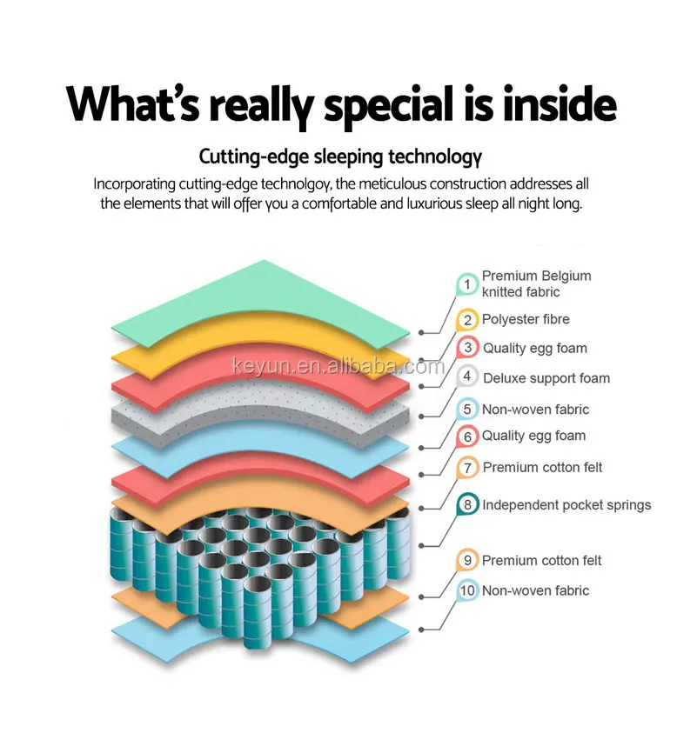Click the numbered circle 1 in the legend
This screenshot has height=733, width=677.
pyautogui.click(x=467, y=283)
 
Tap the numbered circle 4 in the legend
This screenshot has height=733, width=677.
pyautogui.click(x=467, y=376)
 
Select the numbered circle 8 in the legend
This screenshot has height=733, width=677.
pyautogui.click(x=467, y=503)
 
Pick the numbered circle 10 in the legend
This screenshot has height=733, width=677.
pyautogui.click(x=467, y=590)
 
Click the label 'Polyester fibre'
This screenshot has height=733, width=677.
pyautogui.click(x=526, y=319)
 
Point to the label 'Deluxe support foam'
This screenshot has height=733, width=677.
pyautogui.click(x=546, y=377)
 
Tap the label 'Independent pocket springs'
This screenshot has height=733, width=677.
pyautogui.click(x=566, y=504)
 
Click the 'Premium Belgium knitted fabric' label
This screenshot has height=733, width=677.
pyautogui.click(x=536, y=283)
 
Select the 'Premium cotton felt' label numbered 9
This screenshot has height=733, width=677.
pyautogui.click(x=541, y=561)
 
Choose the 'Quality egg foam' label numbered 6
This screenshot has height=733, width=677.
pyautogui.click(x=533, y=436)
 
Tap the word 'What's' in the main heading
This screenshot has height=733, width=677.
pyautogui.click(x=131, y=103)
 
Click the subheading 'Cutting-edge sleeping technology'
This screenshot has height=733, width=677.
pyautogui.click(x=339, y=157)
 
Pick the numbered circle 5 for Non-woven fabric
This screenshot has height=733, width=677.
pyautogui.click(x=467, y=409)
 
